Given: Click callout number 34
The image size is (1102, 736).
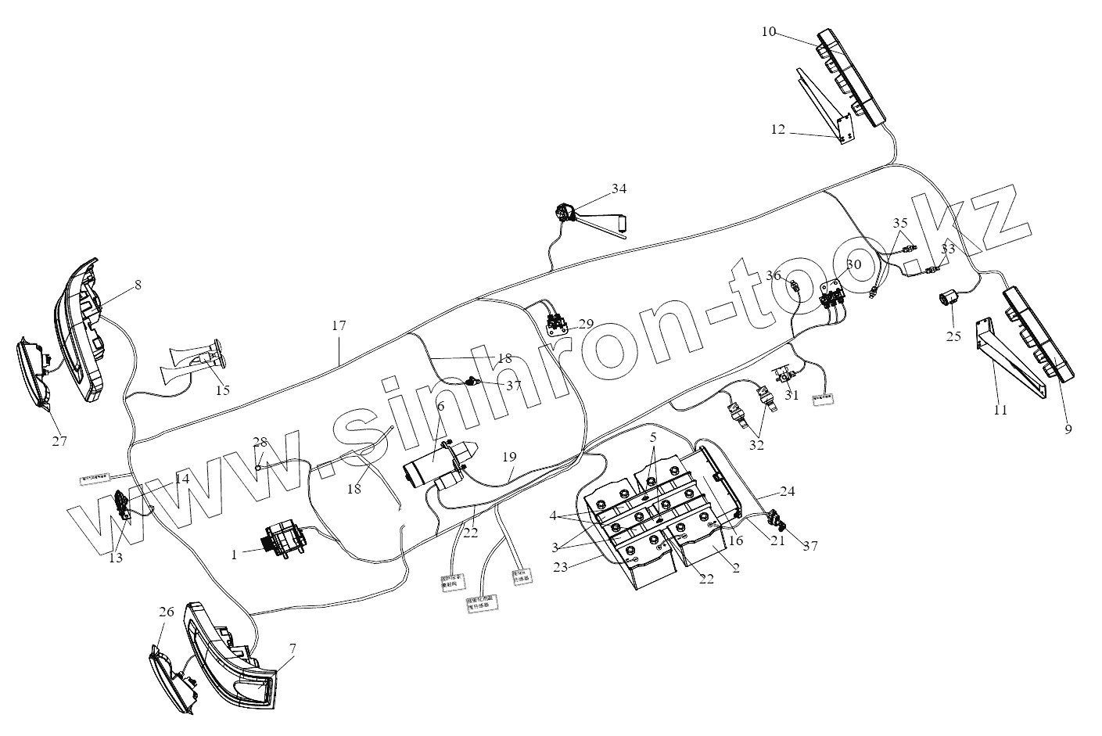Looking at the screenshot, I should (619, 188).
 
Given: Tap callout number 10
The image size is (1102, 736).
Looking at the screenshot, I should (768, 31).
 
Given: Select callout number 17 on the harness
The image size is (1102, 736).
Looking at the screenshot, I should (338, 325).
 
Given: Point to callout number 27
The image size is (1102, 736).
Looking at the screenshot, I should (59, 441).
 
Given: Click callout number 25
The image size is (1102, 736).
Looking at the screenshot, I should (953, 337).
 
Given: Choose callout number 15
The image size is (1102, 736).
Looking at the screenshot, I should (223, 390).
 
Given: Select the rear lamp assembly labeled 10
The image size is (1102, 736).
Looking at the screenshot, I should (853, 78).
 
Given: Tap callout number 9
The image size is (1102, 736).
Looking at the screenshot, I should (1068, 429).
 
